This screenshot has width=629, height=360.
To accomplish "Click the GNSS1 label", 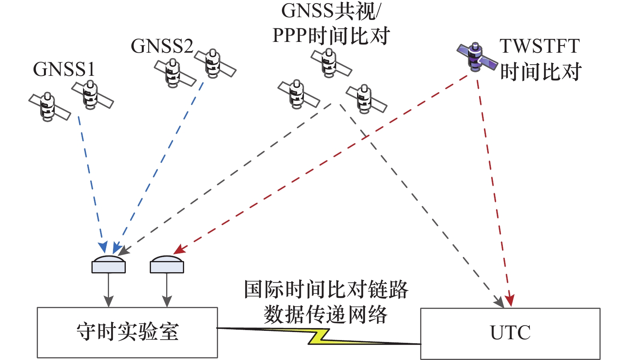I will pos(64,69).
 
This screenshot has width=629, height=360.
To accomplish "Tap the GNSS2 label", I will pos(162,46).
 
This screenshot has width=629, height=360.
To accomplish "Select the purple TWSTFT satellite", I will pos(476,57).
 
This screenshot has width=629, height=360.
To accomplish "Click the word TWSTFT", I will pos(539,46).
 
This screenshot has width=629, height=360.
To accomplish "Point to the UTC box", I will pos(510,333).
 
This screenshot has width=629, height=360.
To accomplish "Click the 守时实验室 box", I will pos(127,332).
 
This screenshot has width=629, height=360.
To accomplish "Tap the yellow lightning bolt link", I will pos(319,336).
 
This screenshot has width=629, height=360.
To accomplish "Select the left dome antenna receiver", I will pos(109,264).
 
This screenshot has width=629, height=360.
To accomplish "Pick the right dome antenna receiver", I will pos(167,264).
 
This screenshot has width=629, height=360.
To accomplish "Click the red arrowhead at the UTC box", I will pos(510,301).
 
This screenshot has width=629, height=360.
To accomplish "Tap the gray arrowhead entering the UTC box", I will pos(499,302).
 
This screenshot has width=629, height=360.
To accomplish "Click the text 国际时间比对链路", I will pos(326,289).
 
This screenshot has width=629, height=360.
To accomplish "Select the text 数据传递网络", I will pos(326,315).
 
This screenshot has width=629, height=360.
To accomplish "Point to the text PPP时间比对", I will pos(331,36).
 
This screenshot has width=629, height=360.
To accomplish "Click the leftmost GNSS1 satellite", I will pos(49,107).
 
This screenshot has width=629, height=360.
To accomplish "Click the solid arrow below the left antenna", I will pos(109,290).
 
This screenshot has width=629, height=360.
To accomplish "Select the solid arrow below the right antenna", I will pos(167,290).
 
